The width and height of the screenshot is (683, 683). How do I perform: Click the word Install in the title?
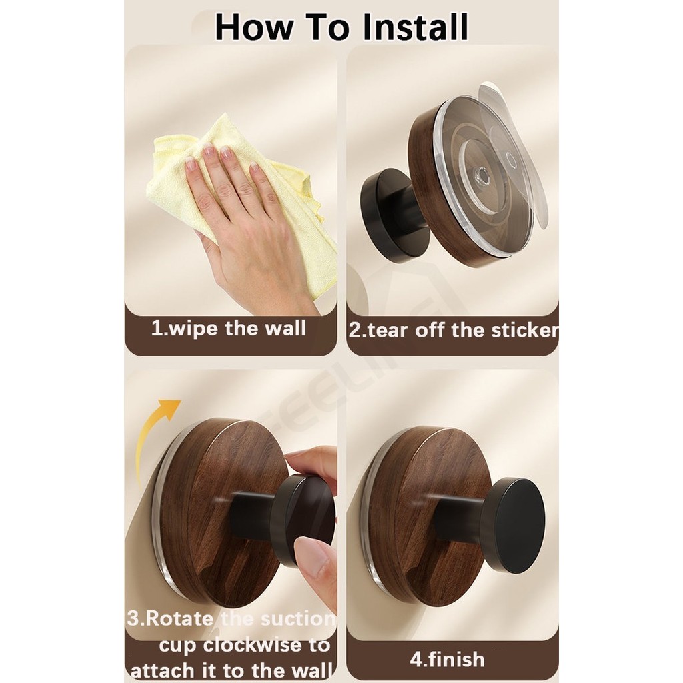click(x=415, y=27)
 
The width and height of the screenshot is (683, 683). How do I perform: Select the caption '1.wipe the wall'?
click(x=229, y=328)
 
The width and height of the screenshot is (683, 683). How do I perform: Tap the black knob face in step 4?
click(x=520, y=525)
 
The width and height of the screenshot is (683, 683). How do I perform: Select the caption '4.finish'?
click(x=447, y=659)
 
